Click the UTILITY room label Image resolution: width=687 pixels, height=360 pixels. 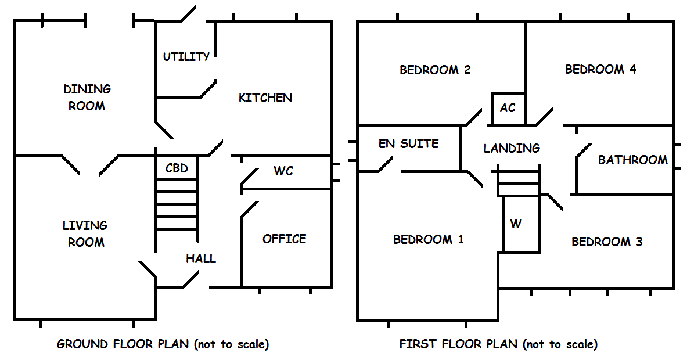click(x=186, y=57)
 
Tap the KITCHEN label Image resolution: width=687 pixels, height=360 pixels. click(x=265, y=98)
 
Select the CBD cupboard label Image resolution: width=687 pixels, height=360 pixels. click(x=177, y=168)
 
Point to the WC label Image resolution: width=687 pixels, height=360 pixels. click(x=283, y=171)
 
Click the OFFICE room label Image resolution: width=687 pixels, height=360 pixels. click(x=284, y=239)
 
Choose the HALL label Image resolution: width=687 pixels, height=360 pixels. click(x=201, y=259)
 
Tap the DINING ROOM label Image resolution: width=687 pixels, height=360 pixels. click(x=87, y=98)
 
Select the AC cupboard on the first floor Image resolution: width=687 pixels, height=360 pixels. click(x=508, y=108)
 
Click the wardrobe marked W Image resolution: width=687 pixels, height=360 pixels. click(x=516, y=224)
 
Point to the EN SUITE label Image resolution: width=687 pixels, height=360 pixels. click(x=408, y=143)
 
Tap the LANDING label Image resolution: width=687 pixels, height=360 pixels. click(x=512, y=148)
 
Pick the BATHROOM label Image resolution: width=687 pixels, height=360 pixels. click(x=633, y=160)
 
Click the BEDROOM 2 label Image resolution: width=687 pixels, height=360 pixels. click(x=435, y=70)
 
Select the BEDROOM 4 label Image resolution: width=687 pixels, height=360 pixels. click(x=600, y=69)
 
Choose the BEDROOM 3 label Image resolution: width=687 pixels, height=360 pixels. click(x=607, y=242)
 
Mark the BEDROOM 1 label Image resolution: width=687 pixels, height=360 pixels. click(x=429, y=239)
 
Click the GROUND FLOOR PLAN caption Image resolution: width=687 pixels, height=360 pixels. click(x=163, y=344)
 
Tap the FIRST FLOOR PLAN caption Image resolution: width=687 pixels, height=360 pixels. click(x=498, y=344)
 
